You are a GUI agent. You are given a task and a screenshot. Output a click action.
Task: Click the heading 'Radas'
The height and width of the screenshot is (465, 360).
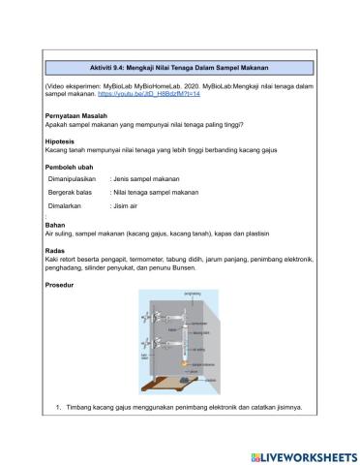55,250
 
